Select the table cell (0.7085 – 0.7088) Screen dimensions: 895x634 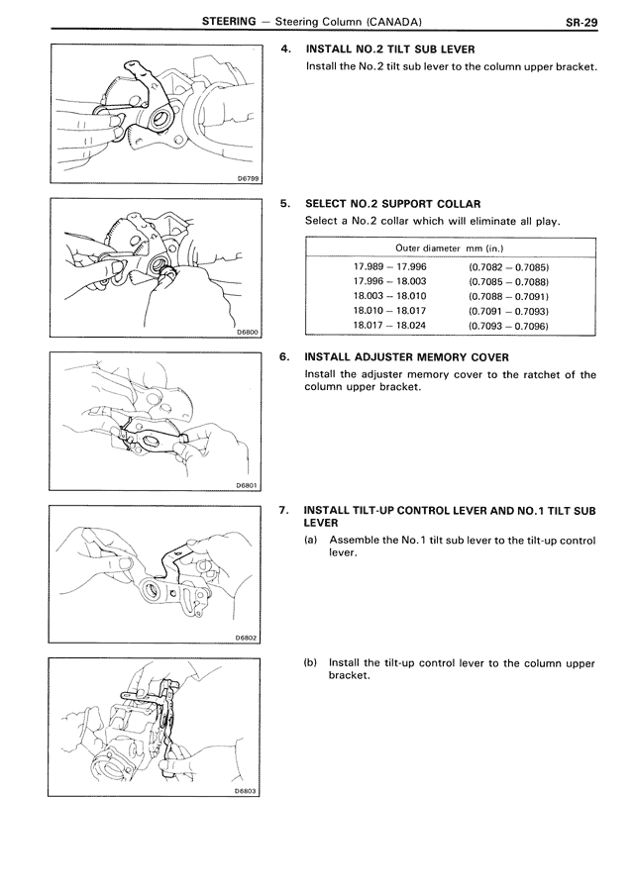click(508, 282)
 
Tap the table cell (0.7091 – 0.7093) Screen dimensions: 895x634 click(508, 310)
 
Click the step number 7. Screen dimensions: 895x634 click(284, 510)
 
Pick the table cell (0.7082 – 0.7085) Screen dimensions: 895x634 click(508, 267)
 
